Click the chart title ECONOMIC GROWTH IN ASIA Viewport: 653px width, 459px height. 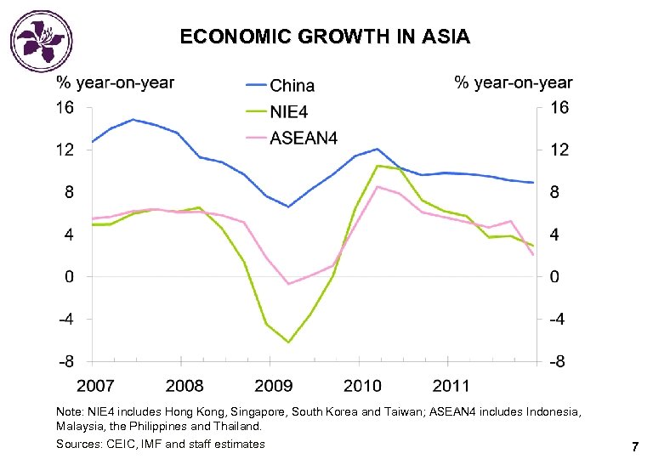coord(325,37)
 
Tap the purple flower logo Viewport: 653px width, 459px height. coord(37,37)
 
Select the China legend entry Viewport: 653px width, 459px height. coord(292,86)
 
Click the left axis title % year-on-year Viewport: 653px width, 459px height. coord(115,82)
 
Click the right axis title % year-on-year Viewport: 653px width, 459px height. coord(514,82)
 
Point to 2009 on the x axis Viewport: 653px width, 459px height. coord(274,386)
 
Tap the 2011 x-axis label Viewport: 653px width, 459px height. coord(451,386)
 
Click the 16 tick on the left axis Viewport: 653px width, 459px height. coord(65,108)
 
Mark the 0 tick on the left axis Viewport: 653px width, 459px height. coord(69,277)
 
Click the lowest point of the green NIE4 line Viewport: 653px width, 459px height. coord(288,343)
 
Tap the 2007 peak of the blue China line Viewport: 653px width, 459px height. coord(133,120)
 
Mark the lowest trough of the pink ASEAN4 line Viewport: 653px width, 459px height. coord(288,284)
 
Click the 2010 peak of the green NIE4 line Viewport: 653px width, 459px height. coord(378,166)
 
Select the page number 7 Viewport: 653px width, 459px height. coord(634,446)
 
